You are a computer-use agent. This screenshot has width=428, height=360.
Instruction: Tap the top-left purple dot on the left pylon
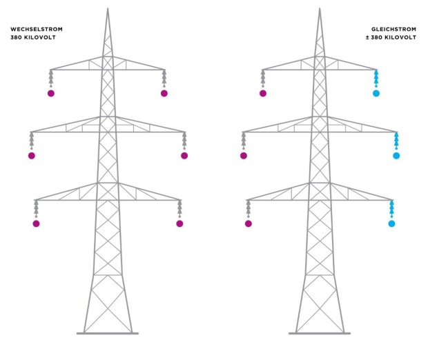coord(51,93)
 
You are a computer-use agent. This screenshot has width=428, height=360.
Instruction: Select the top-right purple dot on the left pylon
coord(164,93)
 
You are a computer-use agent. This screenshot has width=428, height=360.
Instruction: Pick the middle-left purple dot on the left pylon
coord(31,156)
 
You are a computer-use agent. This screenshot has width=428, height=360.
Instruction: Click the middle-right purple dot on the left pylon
coord(184,156)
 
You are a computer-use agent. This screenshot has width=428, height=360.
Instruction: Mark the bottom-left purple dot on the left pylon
coord(36,223)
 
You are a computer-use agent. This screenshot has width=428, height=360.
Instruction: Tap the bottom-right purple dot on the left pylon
coord(179,223)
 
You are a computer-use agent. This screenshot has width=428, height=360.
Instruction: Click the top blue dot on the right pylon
coord(376,93)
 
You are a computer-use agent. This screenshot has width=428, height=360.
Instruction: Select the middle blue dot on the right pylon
coord(396,156)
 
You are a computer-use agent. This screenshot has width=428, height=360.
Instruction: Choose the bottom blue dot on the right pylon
coord(391,223)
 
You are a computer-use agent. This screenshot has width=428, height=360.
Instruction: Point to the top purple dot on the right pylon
coord(263,93)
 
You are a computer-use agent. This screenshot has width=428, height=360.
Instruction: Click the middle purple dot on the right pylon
coord(243,156)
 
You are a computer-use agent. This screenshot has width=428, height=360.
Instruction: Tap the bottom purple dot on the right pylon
coord(248,223)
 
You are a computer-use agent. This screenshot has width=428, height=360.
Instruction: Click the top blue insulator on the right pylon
coord(376,77)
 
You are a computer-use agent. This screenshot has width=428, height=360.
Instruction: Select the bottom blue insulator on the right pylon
coord(391,208)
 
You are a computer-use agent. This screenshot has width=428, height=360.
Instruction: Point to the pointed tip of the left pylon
coord(108,9)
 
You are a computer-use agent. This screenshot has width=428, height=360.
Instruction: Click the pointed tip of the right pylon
coord(320,9)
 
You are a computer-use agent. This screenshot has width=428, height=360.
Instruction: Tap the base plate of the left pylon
coord(108,333)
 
